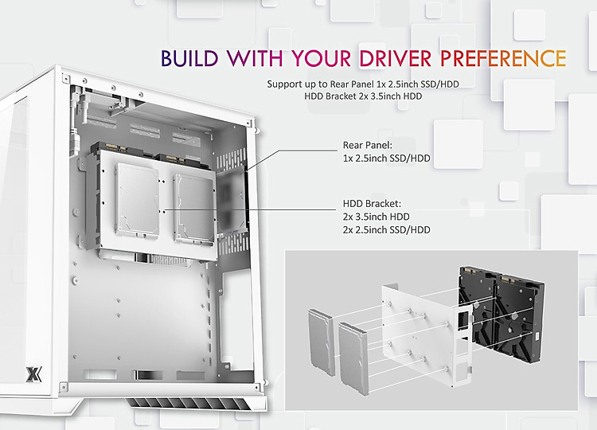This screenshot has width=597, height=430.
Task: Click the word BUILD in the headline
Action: (x=189, y=58)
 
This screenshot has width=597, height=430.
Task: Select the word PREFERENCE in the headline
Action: (x=503, y=58)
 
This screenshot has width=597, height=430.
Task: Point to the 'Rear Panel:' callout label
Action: (x=368, y=145)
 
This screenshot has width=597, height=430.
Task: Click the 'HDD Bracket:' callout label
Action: (x=372, y=204)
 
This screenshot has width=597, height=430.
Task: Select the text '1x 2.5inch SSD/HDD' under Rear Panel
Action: (x=386, y=158)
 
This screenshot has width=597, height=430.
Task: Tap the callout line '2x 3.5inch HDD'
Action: (x=377, y=217)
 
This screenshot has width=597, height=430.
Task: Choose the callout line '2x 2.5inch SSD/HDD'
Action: (x=386, y=230)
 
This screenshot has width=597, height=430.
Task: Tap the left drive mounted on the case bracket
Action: (x=137, y=201)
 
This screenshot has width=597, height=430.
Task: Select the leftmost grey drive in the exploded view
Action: (x=322, y=342)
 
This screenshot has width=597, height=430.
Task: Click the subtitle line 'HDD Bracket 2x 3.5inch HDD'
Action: (x=363, y=96)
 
